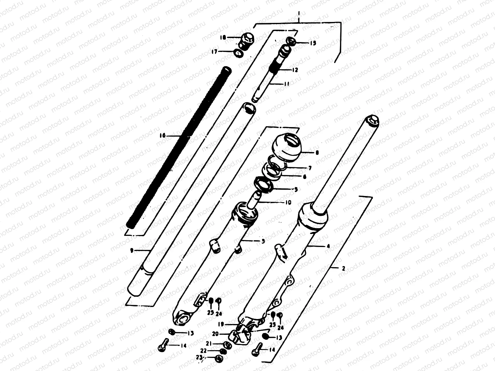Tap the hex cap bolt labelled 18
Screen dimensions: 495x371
tap(247, 41)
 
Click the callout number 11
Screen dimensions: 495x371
tap(286, 84)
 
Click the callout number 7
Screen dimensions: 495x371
tap(309, 168)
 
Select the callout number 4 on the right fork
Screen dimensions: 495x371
tap(328, 246)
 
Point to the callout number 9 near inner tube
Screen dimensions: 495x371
tap(131, 251)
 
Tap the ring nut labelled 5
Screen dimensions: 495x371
tap(264, 185)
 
